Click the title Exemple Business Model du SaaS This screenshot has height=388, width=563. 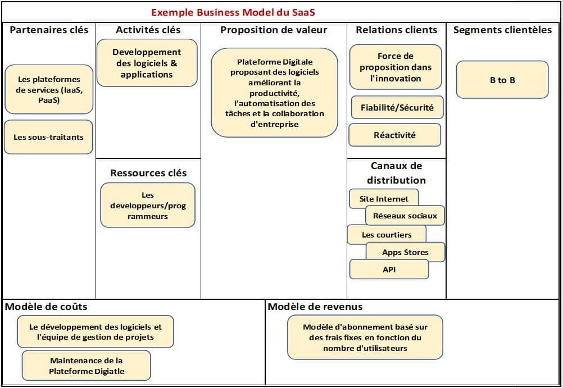(233, 12)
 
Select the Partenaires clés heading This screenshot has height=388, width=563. (49, 30)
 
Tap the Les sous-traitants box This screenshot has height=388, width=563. (48, 136)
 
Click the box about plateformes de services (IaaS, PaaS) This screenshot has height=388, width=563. (48, 90)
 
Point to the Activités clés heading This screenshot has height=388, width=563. (148, 30)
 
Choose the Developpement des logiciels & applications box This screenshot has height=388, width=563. (147, 63)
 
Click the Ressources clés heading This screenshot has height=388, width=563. (148, 173)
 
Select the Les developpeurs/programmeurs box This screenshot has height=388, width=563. (148, 206)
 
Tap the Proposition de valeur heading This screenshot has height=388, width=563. (274, 30)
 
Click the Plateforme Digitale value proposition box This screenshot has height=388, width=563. (275, 93)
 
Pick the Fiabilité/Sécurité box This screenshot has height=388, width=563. (397, 107)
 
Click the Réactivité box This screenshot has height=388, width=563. (394, 135)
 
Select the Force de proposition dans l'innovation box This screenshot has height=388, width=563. (396, 67)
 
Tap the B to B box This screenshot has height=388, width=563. (502, 80)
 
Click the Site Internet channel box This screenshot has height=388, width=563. (384, 199)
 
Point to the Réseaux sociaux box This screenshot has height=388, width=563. (405, 216)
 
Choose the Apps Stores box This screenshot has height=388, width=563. (405, 252)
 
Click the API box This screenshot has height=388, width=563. (389, 270)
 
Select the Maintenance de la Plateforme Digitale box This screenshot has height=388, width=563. (87, 366)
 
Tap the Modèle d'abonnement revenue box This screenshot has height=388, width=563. (365, 337)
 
